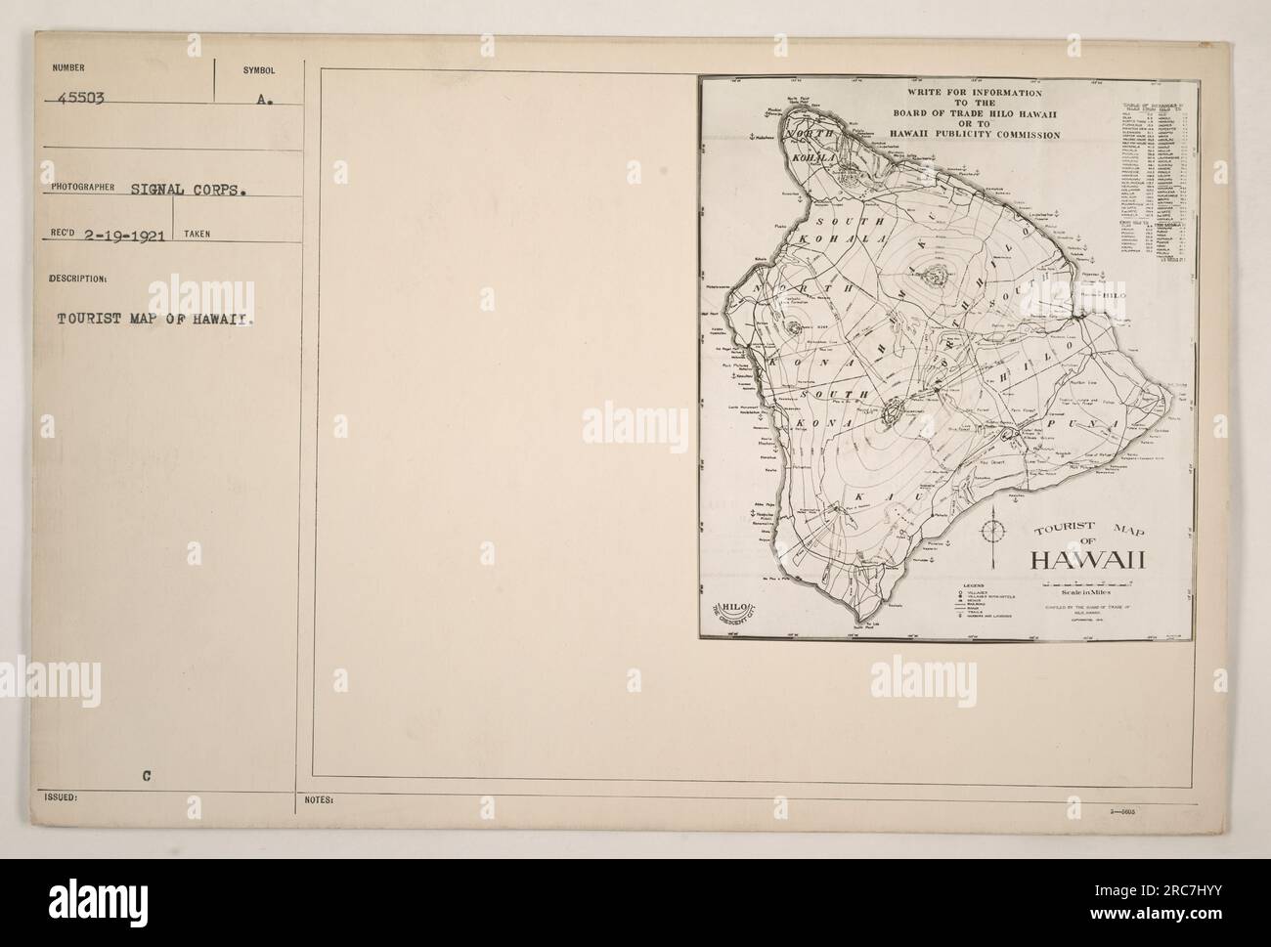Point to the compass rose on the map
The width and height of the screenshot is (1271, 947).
(994, 532)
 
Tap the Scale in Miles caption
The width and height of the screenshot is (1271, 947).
(1082, 591)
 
